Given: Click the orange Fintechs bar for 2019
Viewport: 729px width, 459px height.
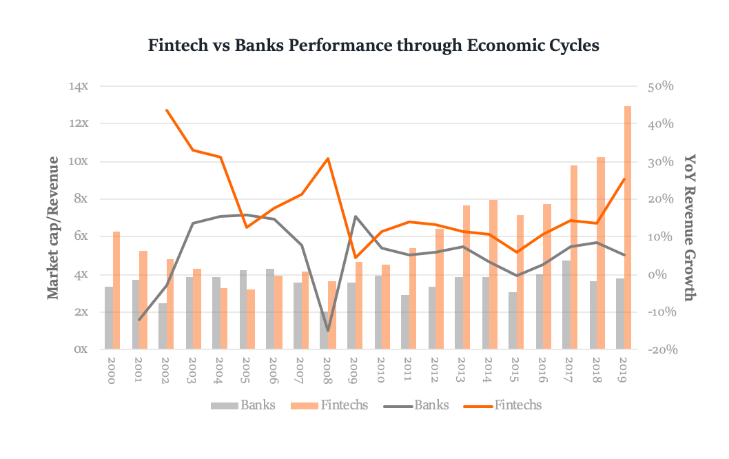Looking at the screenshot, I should click(627, 227).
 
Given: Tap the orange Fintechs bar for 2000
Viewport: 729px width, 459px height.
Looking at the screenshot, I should click(116, 290).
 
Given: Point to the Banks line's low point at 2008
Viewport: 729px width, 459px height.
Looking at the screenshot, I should click(328, 331).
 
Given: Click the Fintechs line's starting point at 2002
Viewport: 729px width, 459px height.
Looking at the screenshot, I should click(167, 110).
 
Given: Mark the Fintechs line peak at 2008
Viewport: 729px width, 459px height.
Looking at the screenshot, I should click(328, 159).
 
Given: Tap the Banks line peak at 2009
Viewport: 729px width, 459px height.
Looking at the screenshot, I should click(355, 216).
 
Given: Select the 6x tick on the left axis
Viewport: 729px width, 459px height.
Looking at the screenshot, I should click(81, 236).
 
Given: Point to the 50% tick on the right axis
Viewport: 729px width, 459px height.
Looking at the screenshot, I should click(659, 87).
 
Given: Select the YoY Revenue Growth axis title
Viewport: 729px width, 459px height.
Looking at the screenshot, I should click(690, 227).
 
